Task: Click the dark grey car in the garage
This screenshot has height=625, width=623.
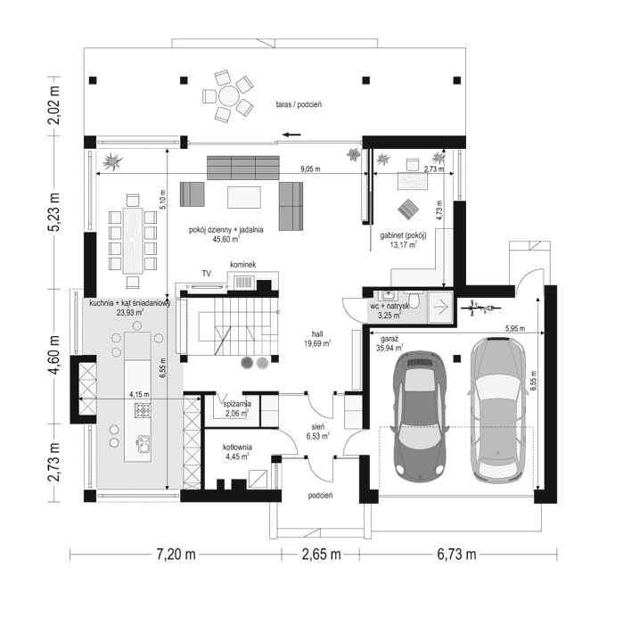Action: tap(420, 414)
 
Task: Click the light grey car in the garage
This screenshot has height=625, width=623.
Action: tap(497, 410)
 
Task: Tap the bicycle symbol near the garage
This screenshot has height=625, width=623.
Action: tap(480, 308)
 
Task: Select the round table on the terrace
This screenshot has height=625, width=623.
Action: tap(229, 96)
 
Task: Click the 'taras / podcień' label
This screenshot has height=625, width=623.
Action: tap(299, 105)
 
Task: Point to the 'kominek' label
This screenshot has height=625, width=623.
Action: tap(243, 265)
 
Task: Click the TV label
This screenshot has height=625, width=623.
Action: tap(207, 274)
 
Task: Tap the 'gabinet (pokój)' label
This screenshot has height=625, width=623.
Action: tap(403, 235)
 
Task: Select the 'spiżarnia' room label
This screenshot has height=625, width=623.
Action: tap(237, 404)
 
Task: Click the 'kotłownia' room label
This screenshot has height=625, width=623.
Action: tap(237, 448)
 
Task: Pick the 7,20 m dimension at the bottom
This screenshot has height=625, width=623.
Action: tap(176, 555)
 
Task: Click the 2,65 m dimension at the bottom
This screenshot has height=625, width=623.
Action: tap(321, 555)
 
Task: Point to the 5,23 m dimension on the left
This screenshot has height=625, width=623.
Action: tap(53, 212)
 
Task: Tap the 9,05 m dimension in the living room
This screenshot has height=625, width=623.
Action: tap(310, 169)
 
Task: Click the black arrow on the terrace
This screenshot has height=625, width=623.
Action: tap(292, 135)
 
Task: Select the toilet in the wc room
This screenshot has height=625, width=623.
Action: tap(414, 300)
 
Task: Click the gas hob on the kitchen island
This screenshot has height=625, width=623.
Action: tap(143, 410)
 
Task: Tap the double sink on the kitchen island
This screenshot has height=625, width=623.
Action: tap(143, 444)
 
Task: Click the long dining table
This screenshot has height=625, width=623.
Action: tap(133, 241)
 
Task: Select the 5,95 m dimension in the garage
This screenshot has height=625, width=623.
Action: tap(515, 329)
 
